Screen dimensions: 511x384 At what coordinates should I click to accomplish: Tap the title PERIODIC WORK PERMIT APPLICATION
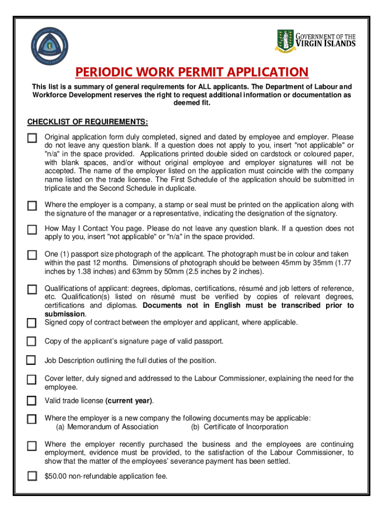click(x=192, y=72)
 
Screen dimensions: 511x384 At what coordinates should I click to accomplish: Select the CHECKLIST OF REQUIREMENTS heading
click(x=87, y=122)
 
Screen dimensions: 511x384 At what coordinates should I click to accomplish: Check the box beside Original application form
click(x=32, y=138)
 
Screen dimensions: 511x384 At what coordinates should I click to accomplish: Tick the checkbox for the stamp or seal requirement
click(x=32, y=206)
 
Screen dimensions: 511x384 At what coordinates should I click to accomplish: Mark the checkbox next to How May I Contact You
click(x=32, y=230)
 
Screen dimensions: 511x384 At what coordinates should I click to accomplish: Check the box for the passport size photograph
click(x=32, y=255)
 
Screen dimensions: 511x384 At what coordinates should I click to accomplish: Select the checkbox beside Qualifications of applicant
click(x=32, y=289)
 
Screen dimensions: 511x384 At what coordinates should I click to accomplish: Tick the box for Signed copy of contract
click(x=32, y=323)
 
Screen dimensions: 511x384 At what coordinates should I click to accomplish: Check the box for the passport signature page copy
click(x=31, y=341)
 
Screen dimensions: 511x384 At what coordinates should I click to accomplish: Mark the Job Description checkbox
click(x=31, y=360)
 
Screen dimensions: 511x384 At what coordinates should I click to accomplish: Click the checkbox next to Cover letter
click(x=32, y=380)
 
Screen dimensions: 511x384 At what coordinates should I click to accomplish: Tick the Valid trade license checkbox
click(x=32, y=401)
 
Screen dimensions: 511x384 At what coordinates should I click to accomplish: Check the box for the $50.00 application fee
click(x=32, y=476)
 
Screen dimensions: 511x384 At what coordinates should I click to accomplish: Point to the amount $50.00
click(x=54, y=476)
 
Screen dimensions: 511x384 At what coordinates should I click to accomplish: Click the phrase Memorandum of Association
click(x=113, y=427)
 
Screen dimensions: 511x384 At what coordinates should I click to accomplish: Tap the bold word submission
click(x=65, y=314)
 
